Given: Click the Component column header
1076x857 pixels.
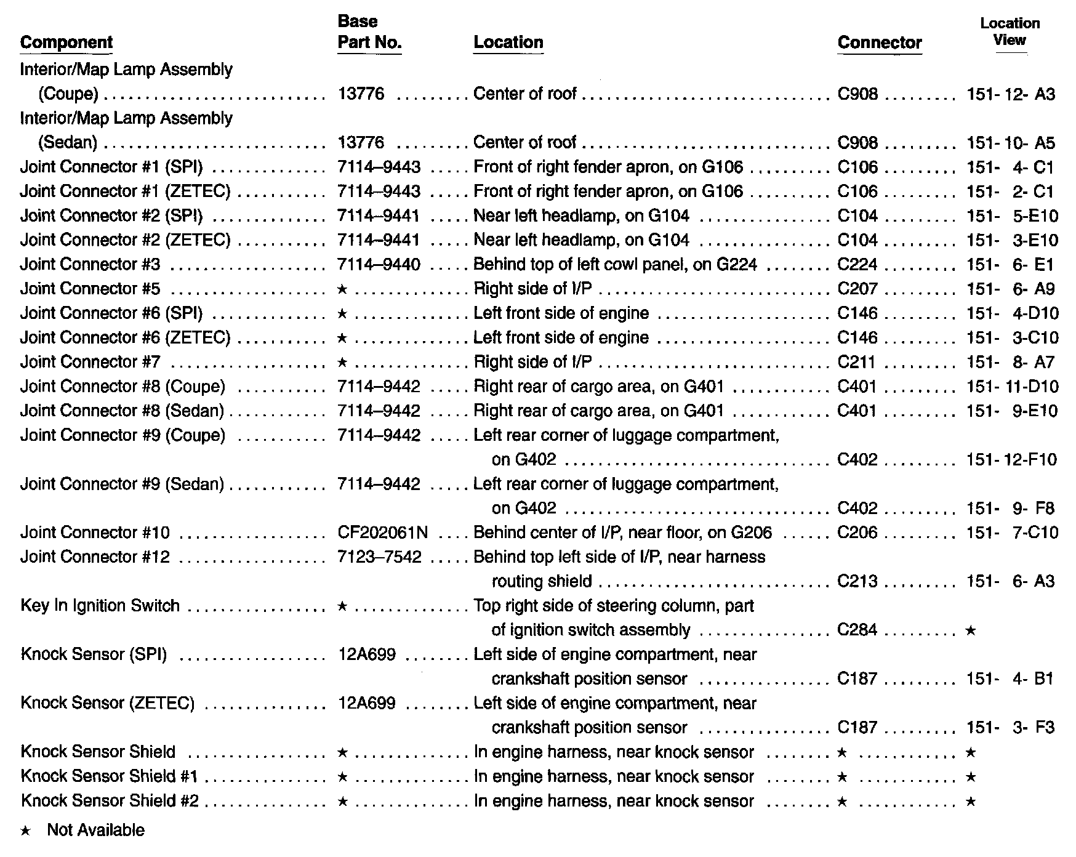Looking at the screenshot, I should coord(66,42).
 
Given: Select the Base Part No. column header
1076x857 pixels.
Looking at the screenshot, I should coord(369,32).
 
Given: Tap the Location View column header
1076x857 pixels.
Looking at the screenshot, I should coord(1010,32).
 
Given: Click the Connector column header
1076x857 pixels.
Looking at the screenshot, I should coord(880,42).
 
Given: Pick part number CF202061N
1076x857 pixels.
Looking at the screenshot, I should coord(383,533).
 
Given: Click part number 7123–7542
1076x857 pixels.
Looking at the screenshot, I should coord(379,557).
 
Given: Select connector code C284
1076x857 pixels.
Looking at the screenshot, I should coord(857,630).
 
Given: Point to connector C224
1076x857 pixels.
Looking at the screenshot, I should coord(857,265).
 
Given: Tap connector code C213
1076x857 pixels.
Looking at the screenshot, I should coord(857,581).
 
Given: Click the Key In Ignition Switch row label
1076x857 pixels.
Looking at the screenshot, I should coord(100,606).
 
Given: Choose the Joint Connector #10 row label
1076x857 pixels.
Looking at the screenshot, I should coord(95,533).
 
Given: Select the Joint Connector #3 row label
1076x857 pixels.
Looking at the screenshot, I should coord(90,265).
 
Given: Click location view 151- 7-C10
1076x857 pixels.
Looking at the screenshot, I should coord(1012,533).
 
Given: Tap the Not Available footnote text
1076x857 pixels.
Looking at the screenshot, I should coord(95,830).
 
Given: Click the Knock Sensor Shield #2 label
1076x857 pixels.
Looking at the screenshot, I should coord(110,801).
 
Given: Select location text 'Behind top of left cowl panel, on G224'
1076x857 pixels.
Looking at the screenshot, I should coord(615,265).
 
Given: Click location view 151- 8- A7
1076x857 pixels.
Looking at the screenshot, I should coord(1010,362).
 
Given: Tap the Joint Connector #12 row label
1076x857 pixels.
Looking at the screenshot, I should coord(95,557).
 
